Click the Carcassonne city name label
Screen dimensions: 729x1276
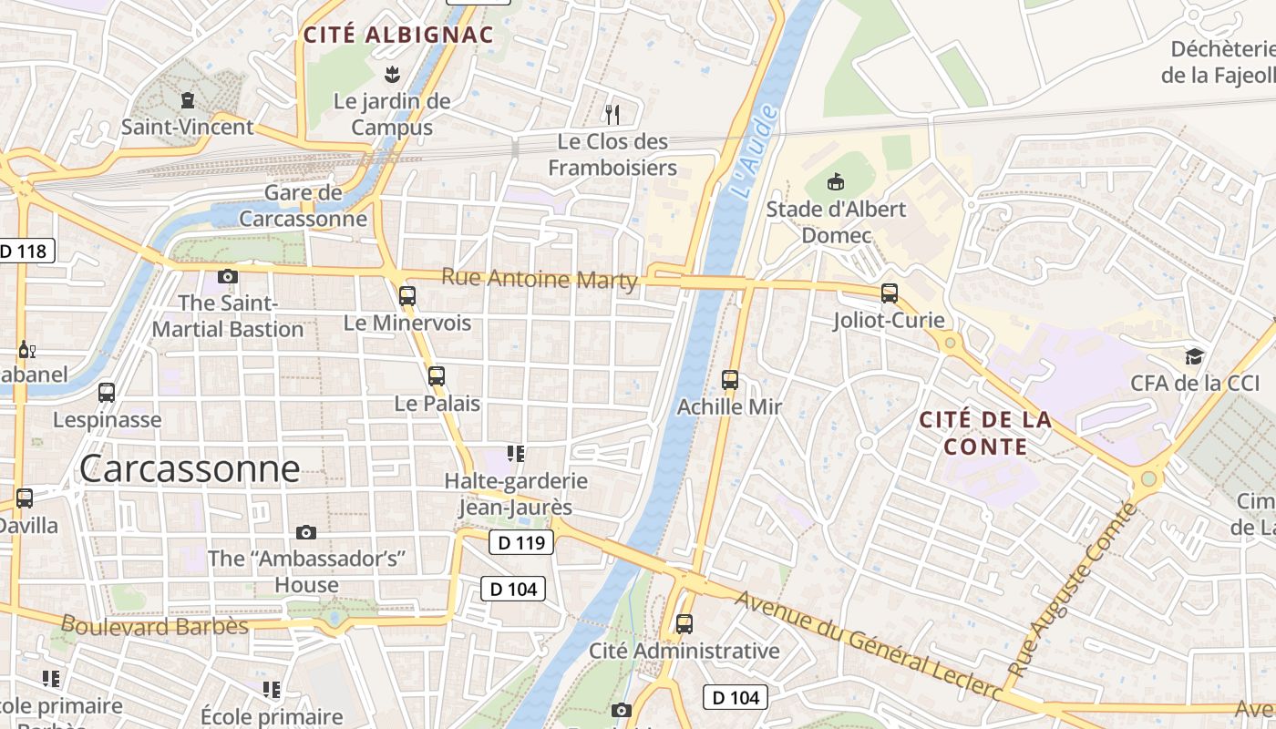pos(190,468)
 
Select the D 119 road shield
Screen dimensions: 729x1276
pos(521,543)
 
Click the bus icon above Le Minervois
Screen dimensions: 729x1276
pos(407,295)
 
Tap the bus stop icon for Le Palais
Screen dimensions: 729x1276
pos(437,375)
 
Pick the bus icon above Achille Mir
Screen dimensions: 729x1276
pos(729,379)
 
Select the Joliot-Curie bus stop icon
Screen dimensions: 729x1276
pos(890,293)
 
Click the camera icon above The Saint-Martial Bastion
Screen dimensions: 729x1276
pos(228,276)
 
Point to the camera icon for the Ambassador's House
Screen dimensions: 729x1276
pos(306,532)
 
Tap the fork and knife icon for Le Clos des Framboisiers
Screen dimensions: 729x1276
pos(612,114)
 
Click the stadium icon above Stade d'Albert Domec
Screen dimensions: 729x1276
pos(836,181)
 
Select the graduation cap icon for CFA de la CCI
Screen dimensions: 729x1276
pos(1194,355)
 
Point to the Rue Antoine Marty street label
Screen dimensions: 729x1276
pos(540,278)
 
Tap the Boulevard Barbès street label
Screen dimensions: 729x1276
pos(154,626)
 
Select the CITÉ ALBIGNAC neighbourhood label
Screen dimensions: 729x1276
pos(398,36)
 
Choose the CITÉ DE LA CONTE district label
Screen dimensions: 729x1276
pos(984,433)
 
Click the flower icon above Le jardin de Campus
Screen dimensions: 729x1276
pos(392,73)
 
